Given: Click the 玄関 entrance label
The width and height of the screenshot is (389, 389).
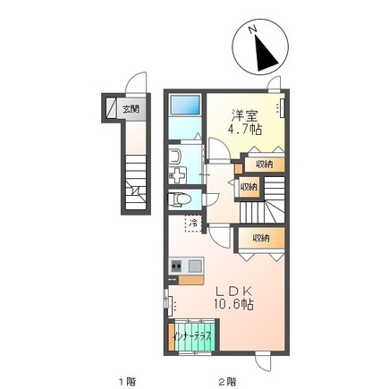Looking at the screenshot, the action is pyautogui.click(x=131, y=109).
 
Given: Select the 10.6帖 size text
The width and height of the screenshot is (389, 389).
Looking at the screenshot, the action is pyautogui.click(x=233, y=304).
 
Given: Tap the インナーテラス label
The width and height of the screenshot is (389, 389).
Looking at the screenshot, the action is pyautogui.click(x=193, y=336).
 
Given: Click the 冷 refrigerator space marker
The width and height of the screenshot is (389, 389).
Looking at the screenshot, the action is pyautogui.click(x=194, y=223).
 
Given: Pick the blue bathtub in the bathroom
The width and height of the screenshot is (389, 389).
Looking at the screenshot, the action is pyautogui.click(x=185, y=105).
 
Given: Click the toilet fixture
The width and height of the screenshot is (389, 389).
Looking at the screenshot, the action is pyautogui.click(x=179, y=199).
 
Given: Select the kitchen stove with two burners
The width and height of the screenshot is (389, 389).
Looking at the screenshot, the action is pyautogui.click(x=176, y=266).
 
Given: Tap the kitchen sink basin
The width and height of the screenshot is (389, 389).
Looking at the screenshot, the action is pyautogui.click(x=195, y=266).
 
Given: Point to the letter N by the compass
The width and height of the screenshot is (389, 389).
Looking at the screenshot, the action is pyautogui.click(x=253, y=30).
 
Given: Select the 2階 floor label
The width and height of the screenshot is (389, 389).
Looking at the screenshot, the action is pyautogui.click(x=228, y=381).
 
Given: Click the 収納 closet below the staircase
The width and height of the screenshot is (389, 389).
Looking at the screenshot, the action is pyautogui.click(x=261, y=238).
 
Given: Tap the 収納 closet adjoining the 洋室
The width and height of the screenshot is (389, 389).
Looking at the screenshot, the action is pyautogui.click(x=265, y=164).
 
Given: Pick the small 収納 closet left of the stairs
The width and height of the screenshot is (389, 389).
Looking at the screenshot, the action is pyautogui.click(x=249, y=187).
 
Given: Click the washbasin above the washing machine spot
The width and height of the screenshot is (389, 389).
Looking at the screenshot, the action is pyautogui.click(x=174, y=156).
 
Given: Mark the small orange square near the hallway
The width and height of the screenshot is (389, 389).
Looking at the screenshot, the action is pyautogui.click(x=239, y=169).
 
